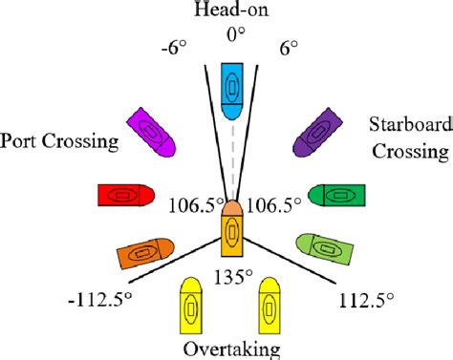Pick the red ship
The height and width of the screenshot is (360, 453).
click(125, 195)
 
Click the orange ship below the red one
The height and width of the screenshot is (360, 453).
click(142, 253)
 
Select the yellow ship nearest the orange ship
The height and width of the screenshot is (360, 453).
click(192, 308)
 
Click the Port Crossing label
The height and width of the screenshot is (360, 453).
click(59, 141)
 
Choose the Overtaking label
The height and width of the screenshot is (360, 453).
click(231, 349)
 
